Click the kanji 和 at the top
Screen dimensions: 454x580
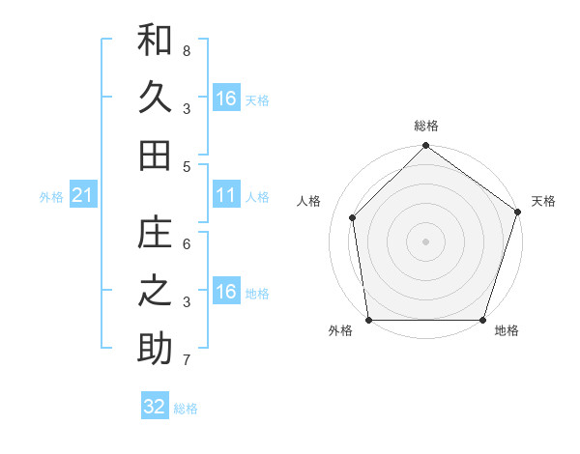pyautogui.click(x=155, y=42)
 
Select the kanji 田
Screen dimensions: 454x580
pyautogui.click(x=155, y=155)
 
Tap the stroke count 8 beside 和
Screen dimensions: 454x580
pyautogui.click(x=187, y=50)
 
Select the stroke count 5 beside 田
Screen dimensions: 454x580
pyautogui.click(x=187, y=166)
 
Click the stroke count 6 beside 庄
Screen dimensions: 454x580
pyautogui.click(x=187, y=244)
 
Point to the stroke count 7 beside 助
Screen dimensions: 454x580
pyautogui.click(x=187, y=360)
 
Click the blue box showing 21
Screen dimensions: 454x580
pyautogui.click(x=82, y=197)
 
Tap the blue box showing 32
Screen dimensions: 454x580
pyautogui.click(x=155, y=407)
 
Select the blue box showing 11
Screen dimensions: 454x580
pyautogui.click(x=226, y=196)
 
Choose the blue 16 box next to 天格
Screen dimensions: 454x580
pyautogui.click(x=226, y=99)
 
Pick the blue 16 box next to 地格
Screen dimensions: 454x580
pyautogui.click(x=226, y=293)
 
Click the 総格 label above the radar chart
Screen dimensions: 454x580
pyautogui.click(x=425, y=126)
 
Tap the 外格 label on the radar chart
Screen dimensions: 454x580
pyautogui.click(x=340, y=331)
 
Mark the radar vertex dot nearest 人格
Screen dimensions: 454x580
pyautogui.click(x=353, y=217)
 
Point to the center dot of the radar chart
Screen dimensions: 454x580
pyautogui.click(x=425, y=241)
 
